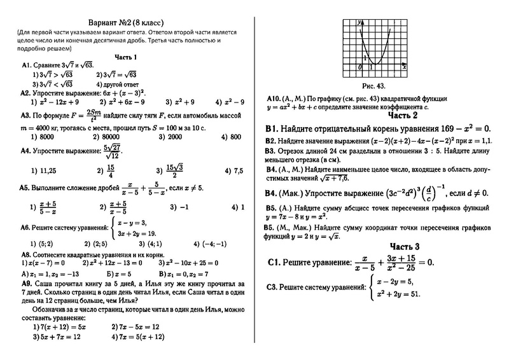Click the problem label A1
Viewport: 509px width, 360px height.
[27, 66]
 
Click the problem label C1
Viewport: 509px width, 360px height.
[275, 261]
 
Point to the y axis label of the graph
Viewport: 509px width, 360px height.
[360, 22]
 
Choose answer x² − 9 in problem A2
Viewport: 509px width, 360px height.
[231, 101]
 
